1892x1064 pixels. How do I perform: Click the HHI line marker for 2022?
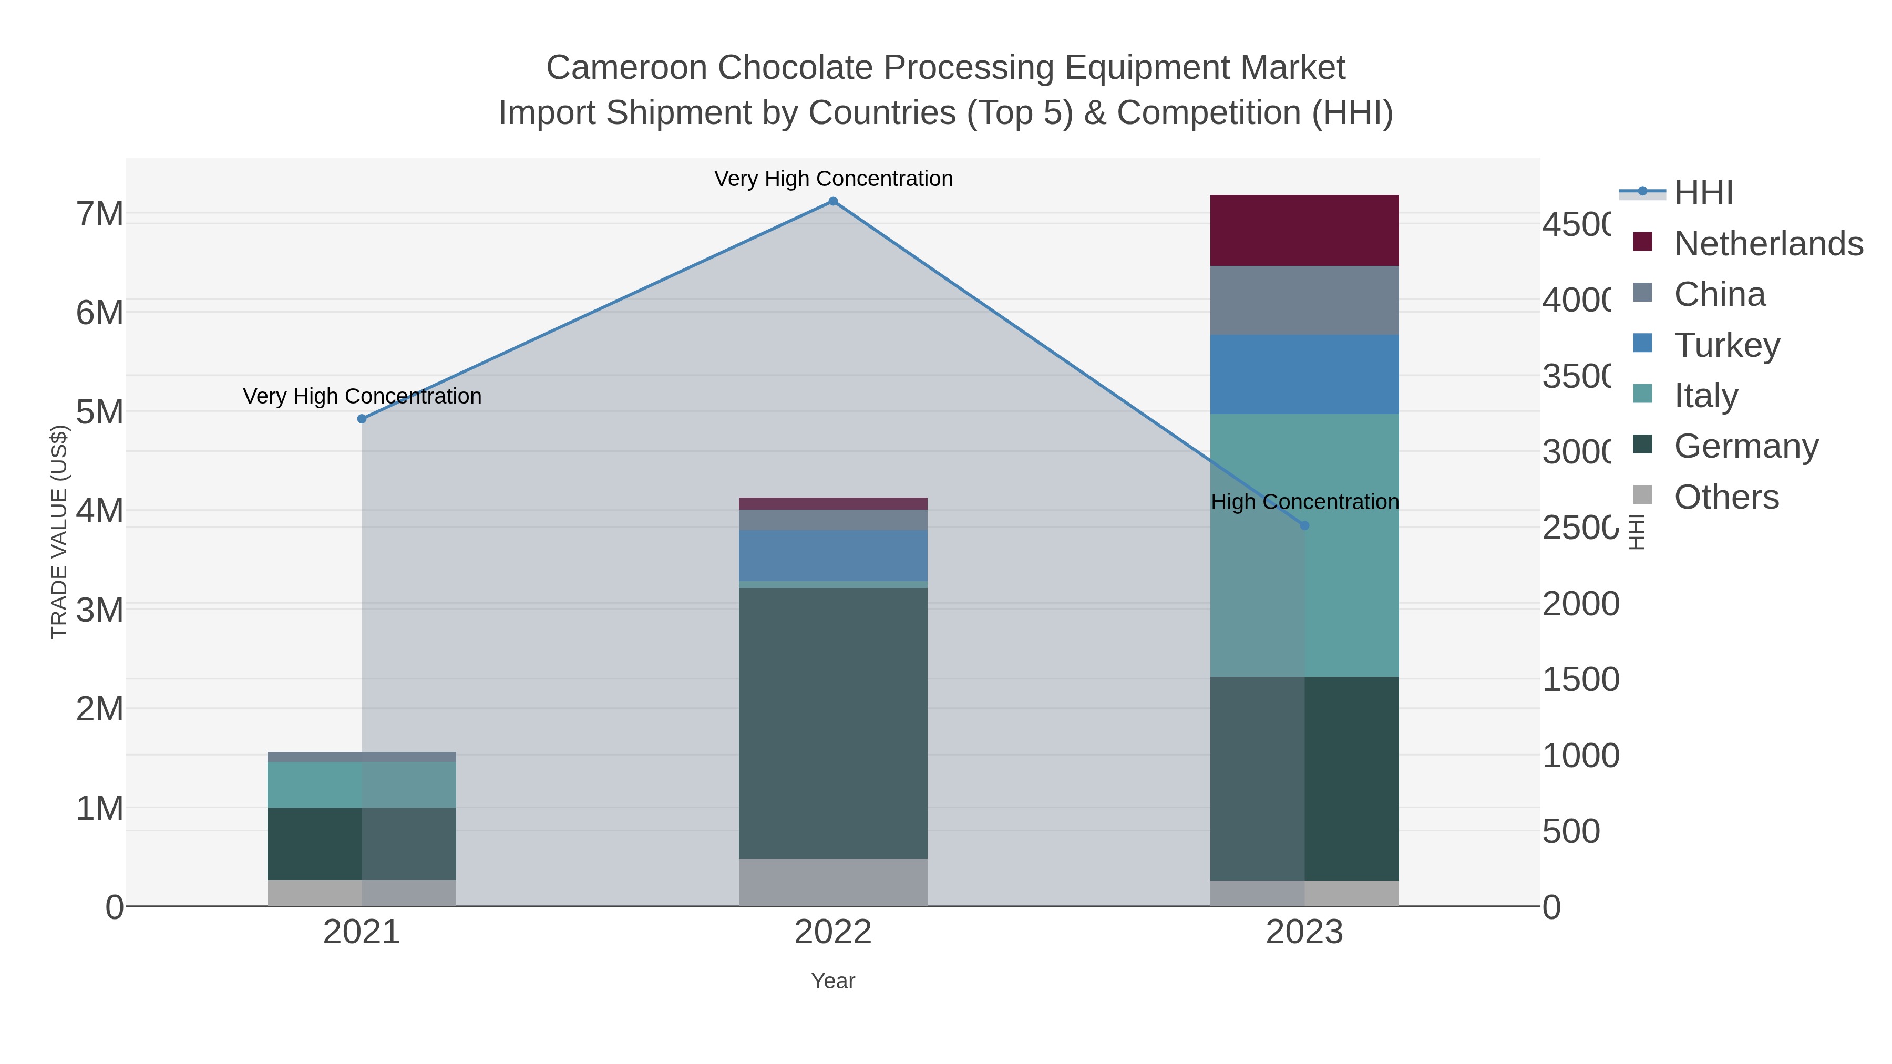tap(833, 201)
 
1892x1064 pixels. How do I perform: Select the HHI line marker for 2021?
tap(362, 419)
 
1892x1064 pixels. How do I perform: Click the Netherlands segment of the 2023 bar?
tap(1304, 231)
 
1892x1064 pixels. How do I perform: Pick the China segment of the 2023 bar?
tap(1304, 301)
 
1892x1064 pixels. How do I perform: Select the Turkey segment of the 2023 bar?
tap(1304, 375)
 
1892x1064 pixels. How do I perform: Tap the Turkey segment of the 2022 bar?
tap(833, 556)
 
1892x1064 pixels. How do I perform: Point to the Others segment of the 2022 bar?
tap(833, 882)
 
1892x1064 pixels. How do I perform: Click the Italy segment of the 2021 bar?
tap(362, 784)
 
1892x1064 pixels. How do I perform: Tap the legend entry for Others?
tap(1726, 497)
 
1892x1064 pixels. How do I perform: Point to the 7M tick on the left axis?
tap(100, 214)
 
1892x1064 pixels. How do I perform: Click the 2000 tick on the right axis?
tap(1580, 604)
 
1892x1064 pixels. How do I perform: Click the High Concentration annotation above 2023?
tap(1304, 502)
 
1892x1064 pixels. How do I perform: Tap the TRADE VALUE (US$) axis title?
tap(59, 532)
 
